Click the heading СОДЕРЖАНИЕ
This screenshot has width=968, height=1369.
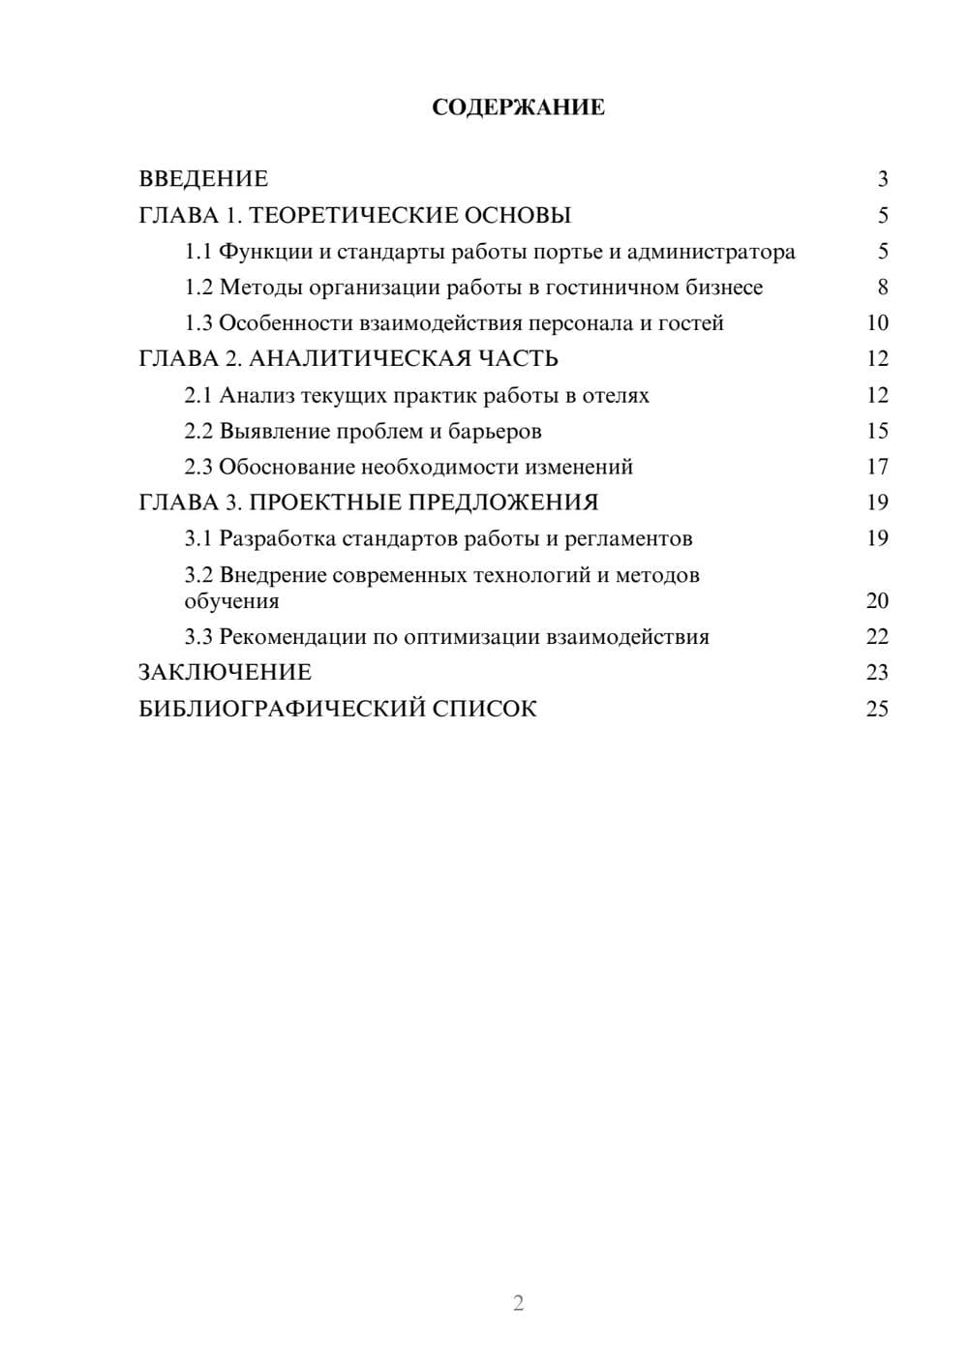pyautogui.click(x=518, y=107)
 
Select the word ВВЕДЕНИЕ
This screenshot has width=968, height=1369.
pyautogui.click(x=203, y=179)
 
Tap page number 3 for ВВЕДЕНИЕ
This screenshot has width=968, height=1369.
pyautogui.click(x=882, y=179)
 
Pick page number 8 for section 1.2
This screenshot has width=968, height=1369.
pyautogui.click(x=882, y=288)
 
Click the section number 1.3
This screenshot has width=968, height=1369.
pyautogui.click(x=197, y=323)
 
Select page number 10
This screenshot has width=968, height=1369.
pyautogui.click(x=877, y=323)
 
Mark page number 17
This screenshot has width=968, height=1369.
pyautogui.click(x=877, y=468)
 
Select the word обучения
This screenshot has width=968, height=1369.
pyautogui.click(x=231, y=601)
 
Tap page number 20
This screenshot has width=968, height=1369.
pyautogui.click(x=877, y=601)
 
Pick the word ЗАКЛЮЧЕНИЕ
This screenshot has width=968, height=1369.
pyautogui.click(x=225, y=673)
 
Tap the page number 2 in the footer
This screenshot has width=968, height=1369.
pyautogui.click(x=518, y=1303)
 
